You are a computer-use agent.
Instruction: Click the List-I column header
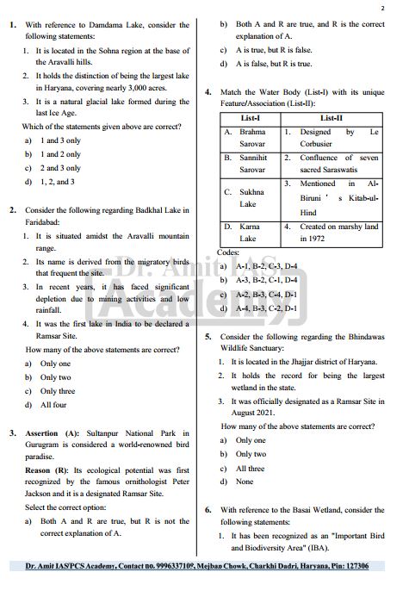251,117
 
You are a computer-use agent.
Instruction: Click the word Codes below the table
228,252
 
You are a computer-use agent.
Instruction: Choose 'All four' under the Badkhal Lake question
53,404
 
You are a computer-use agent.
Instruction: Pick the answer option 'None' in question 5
245,482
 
